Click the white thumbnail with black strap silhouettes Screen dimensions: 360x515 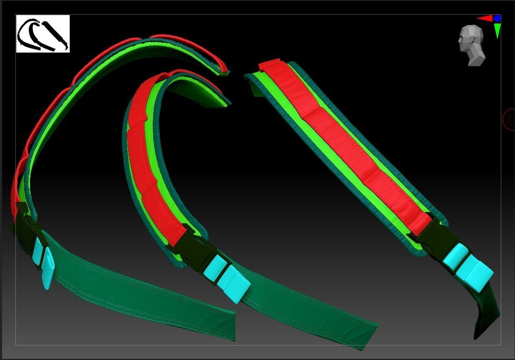43,34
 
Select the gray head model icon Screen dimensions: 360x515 472,45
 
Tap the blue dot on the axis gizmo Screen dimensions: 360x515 497,18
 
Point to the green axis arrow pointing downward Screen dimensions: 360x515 497,30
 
